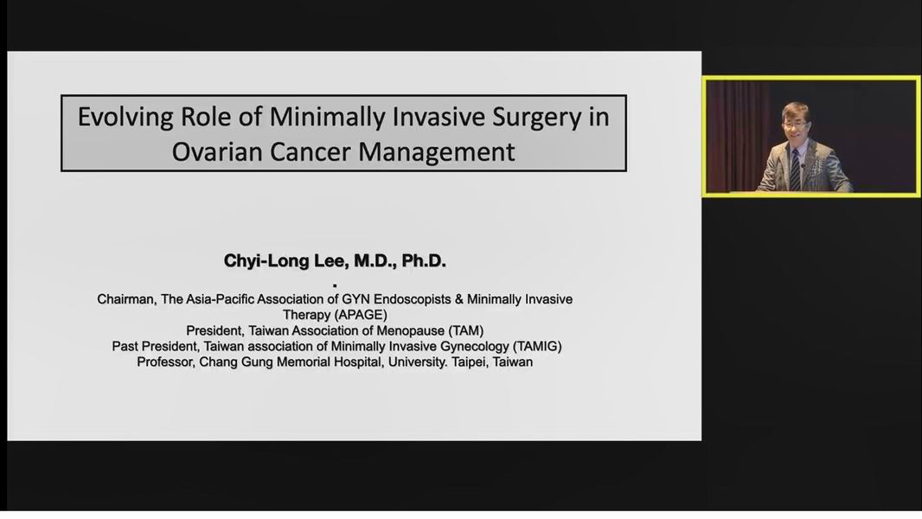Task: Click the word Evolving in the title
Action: [125, 117]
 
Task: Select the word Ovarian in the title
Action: [217, 151]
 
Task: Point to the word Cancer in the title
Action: [311, 151]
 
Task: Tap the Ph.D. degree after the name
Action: [424, 261]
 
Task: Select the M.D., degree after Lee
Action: [375, 261]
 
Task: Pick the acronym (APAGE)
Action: [361, 315]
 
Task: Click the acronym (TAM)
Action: [465, 331]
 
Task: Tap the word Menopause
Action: [411, 331]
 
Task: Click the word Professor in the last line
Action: [165, 362]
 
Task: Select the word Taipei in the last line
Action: [470, 362]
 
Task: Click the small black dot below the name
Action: [335, 285]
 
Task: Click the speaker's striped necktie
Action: [795, 170]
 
